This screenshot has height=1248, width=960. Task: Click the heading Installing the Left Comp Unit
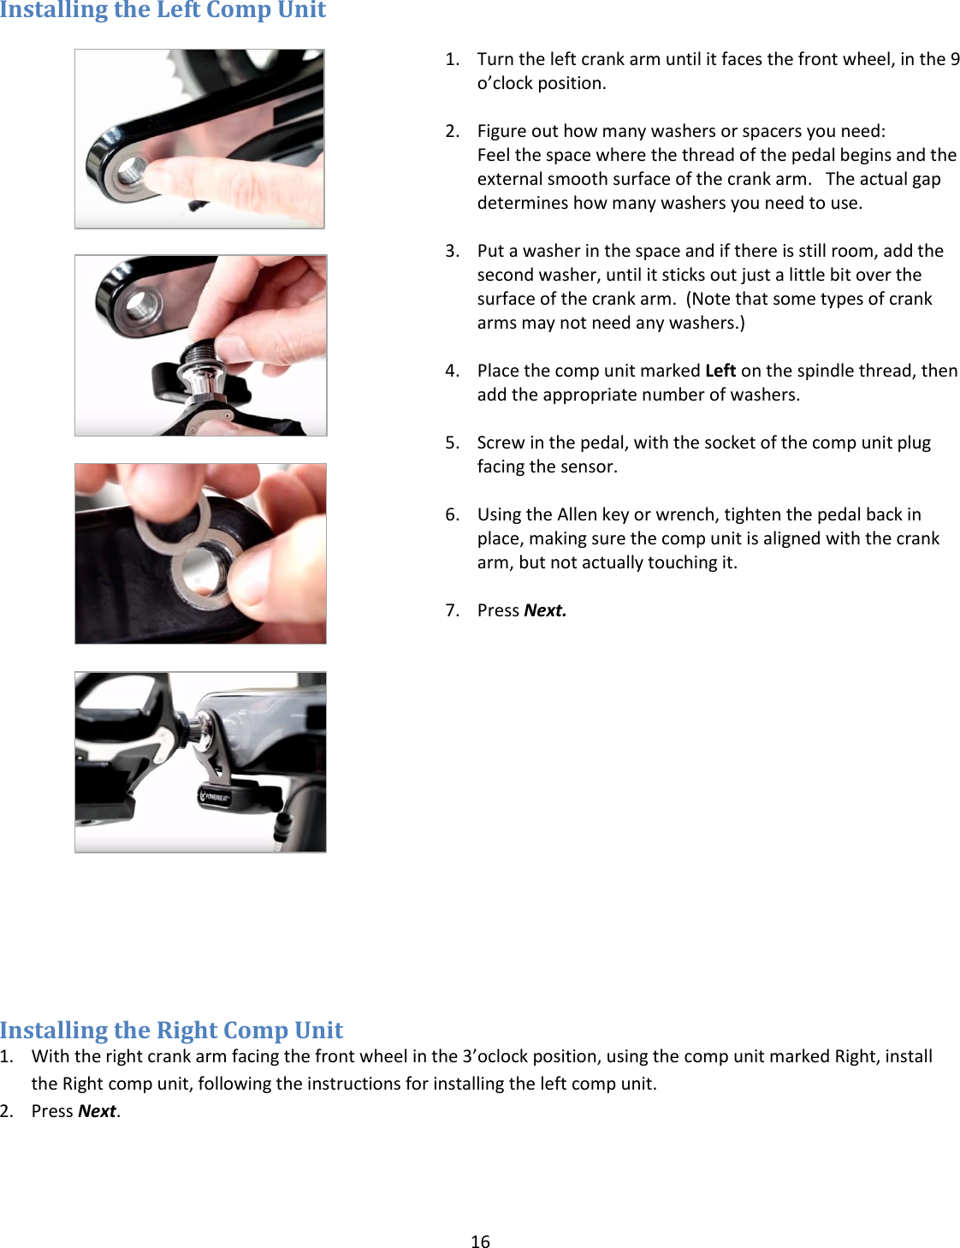tap(163, 10)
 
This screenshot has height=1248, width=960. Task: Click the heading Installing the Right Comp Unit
tap(171, 1030)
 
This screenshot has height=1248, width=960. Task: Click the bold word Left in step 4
tap(720, 371)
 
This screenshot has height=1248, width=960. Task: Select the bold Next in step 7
tap(545, 610)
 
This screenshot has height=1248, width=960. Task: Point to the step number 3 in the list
tap(451, 251)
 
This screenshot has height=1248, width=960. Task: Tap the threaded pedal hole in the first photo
tap(127, 175)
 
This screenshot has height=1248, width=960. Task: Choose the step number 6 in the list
tap(451, 514)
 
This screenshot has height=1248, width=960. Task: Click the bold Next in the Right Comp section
tap(97, 1111)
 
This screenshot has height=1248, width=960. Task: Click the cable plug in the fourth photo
tap(281, 829)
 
